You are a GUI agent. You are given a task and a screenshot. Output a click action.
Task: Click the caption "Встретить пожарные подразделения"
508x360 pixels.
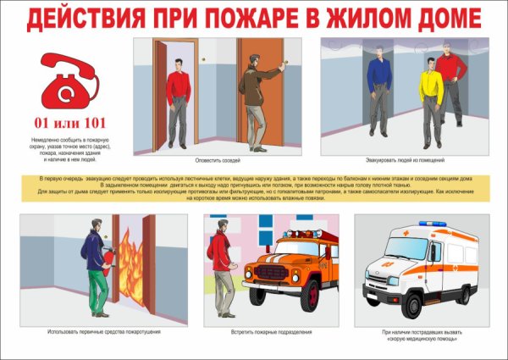pyautogui.click(x=271, y=331)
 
